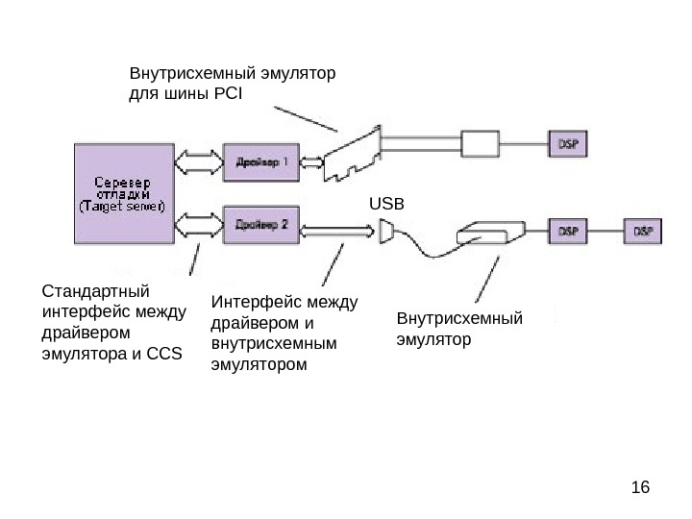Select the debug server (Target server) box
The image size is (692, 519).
[x=121, y=193]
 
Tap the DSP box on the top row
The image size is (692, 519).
[x=568, y=144]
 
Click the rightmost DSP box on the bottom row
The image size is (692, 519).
[x=643, y=232]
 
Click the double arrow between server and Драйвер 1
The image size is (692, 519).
[x=196, y=160]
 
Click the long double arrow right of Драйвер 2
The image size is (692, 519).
[x=337, y=231]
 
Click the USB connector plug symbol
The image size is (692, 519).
[x=387, y=232]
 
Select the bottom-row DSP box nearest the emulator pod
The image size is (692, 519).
[x=568, y=232]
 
